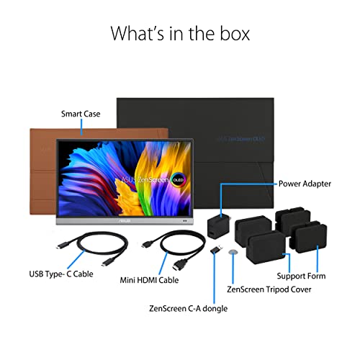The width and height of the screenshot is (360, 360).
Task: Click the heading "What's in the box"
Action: click(180, 34)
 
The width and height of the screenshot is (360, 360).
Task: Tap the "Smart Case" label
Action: click(81, 114)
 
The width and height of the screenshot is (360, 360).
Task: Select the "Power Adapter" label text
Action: click(305, 184)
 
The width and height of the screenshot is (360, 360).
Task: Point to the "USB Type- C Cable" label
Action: click(61, 274)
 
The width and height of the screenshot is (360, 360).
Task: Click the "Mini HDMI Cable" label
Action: click(149, 280)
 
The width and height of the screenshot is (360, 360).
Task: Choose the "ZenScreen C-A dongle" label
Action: click(188, 308)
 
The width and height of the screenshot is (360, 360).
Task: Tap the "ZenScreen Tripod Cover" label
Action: click(269, 289)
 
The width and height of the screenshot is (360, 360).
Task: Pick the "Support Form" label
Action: click(301, 276)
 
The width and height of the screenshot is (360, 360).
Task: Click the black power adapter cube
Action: click(219, 227)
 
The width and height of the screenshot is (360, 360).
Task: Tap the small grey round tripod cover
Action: click(233, 252)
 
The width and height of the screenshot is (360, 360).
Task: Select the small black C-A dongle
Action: click(216, 249)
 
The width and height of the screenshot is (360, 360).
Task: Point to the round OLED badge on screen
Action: click(178, 180)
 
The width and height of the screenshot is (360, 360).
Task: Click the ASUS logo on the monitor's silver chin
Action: click(124, 220)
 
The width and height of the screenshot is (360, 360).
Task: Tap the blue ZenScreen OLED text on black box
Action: click(241, 139)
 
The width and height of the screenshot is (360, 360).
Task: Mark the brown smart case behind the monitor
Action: click(43, 171)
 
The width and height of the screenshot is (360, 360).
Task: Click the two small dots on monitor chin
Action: click(185, 221)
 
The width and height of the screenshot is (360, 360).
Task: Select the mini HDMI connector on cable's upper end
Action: click(146, 244)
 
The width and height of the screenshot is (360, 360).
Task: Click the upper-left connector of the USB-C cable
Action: click(61, 246)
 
